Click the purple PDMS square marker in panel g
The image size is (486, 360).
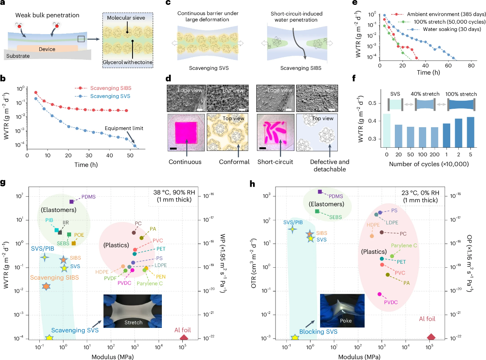tap(71, 201)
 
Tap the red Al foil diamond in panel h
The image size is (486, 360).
tap(431, 338)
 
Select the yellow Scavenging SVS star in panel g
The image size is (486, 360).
tap(49, 338)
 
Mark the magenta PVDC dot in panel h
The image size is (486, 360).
tap(380, 294)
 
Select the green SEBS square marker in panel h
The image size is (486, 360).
tap(317, 211)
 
